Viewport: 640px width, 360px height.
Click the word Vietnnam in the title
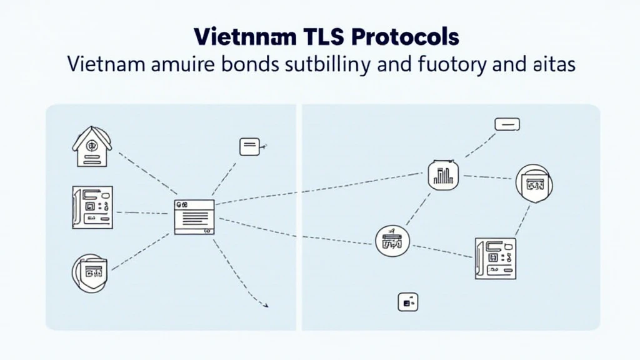pos(237,37)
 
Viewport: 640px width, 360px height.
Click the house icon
pos(92,147)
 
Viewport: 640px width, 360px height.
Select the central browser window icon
pos(193,217)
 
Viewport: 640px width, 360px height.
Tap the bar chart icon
pos(442,174)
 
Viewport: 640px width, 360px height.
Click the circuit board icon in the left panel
pos(92,206)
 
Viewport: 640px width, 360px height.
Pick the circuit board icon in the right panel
pos(495,257)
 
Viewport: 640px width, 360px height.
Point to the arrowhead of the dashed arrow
pos(266,305)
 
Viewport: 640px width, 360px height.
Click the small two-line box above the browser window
pos(249,147)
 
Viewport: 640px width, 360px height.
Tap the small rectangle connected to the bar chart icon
pos(507,124)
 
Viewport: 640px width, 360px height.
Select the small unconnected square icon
pos(407,302)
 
